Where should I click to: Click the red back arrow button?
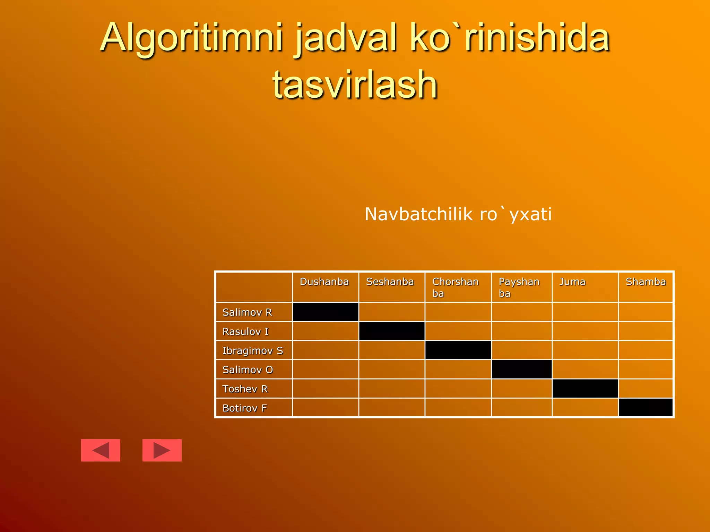(101, 450)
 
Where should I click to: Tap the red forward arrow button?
(162, 450)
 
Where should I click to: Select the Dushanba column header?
(324, 282)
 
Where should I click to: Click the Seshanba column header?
(390, 282)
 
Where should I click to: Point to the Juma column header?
(572, 282)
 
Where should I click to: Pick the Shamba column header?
(646, 282)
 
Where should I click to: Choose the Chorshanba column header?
(455, 287)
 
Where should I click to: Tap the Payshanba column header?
(519, 287)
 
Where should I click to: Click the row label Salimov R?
(247, 312)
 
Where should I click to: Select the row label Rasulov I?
(245, 331)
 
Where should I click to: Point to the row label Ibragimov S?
(253, 351)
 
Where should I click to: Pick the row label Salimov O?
(248, 370)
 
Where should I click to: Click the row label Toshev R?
(245, 389)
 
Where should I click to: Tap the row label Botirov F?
(244, 408)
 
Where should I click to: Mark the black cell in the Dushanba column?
(326, 312)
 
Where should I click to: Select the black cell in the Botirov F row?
(646, 407)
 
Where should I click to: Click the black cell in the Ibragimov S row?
(458, 350)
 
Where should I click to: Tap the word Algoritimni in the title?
(192, 37)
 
